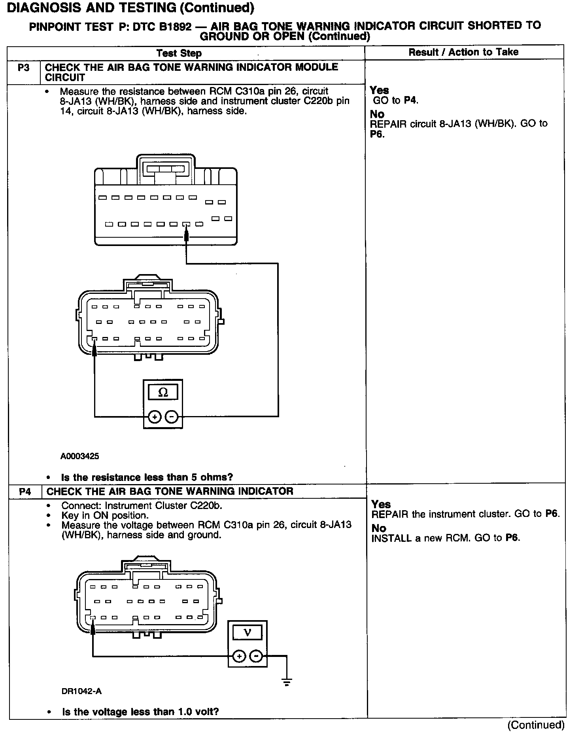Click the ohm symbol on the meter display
tap(163, 392)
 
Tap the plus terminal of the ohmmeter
tap(155, 416)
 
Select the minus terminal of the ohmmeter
tap(172, 416)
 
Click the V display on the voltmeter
tap(248, 632)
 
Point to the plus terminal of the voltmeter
tap(239, 656)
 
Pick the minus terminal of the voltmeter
tap(256, 656)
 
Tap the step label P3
tap(24, 68)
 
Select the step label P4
tap(25, 491)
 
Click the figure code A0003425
tap(79, 456)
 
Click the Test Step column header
tap(179, 53)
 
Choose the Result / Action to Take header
tap(463, 52)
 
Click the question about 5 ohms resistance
tap(147, 477)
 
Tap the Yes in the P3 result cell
tap(379, 90)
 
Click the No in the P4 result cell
tap(378, 528)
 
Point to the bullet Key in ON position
tap(105, 515)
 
